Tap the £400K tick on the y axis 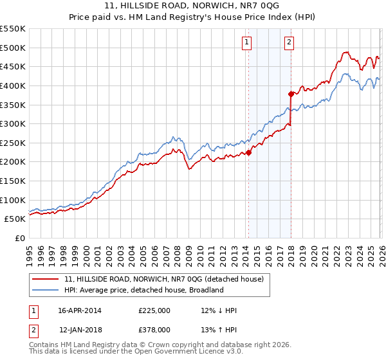point(13,85)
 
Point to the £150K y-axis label point(13,181)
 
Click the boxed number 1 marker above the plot point(247,43)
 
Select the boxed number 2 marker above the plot point(289,43)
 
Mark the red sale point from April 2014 point(248,152)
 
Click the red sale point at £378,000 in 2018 point(291,94)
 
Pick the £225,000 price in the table point(154,310)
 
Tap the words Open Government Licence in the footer point(187,352)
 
